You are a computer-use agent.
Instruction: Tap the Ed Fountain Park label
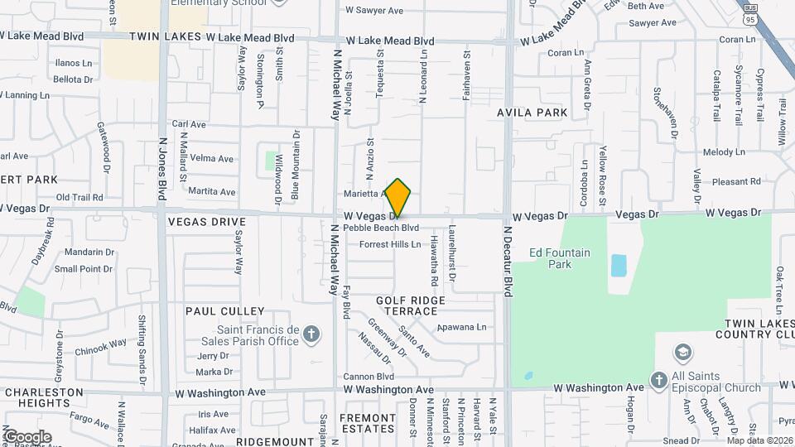(561, 258)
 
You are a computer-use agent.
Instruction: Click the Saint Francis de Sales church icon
(311, 334)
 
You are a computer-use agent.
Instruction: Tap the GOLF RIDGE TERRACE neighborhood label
(411, 305)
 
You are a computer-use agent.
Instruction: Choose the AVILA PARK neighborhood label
(532, 112)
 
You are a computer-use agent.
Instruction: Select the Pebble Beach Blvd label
(381, 227)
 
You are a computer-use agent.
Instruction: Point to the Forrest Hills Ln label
(390, 244)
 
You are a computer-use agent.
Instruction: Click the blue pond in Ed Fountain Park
(619, 266)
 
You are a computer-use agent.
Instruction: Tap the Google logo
(27, 436)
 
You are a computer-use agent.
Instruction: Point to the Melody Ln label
(725, 152)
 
